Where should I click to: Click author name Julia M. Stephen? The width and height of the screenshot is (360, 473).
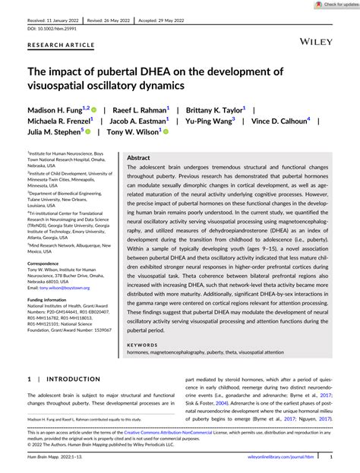click(58, 132)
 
